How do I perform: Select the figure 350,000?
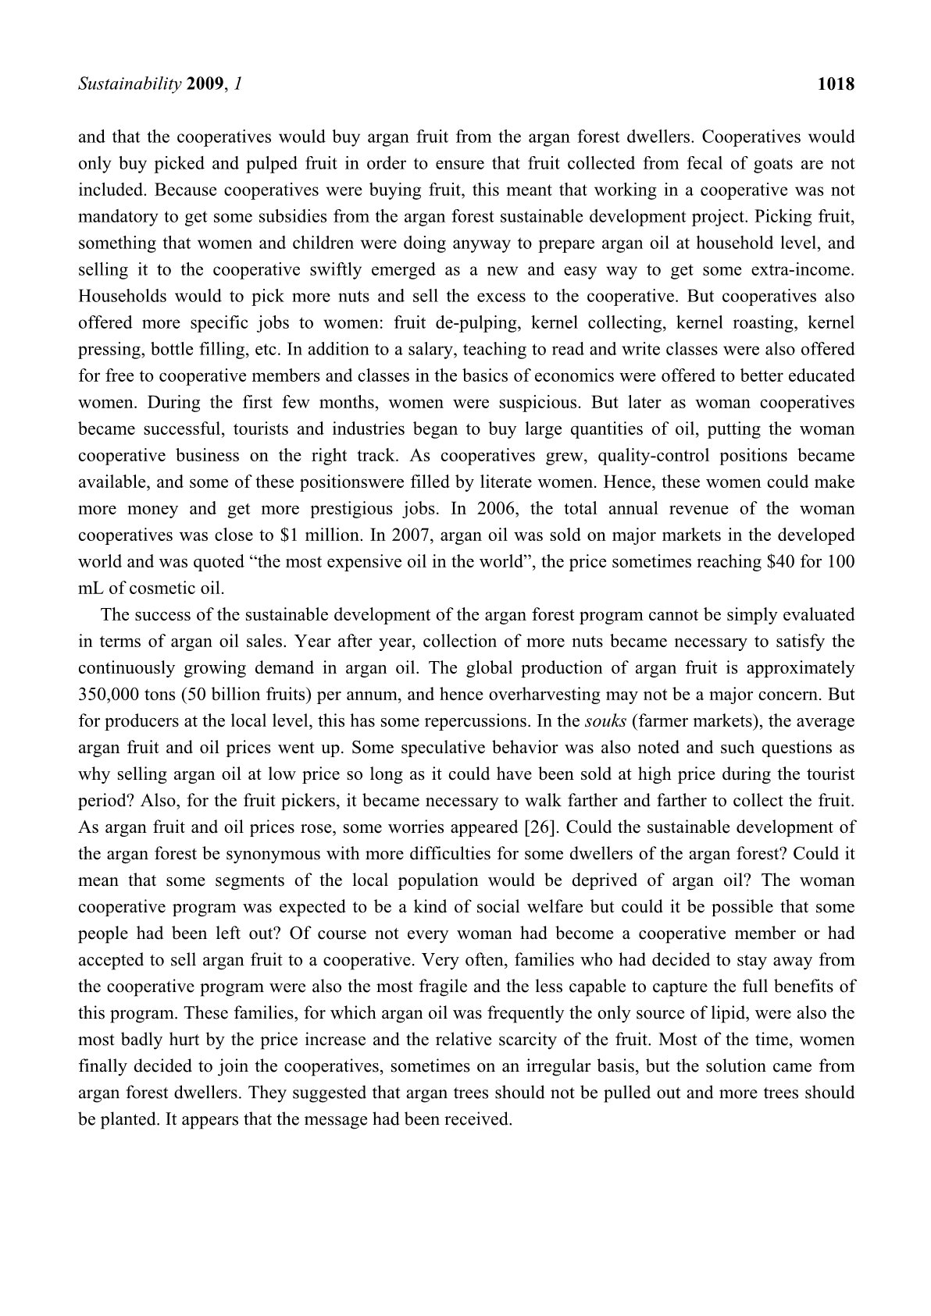[110, 695]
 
